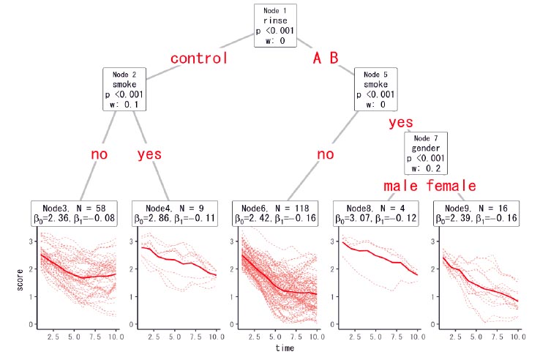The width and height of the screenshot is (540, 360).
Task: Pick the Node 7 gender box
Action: coord(432,152)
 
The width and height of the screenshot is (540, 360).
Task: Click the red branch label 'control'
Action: coord(199,59)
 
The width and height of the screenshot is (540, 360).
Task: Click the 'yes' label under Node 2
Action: coord(149,154)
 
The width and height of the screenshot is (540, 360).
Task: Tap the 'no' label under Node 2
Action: coord(99,154)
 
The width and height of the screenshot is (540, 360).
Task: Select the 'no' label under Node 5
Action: coord(326,154)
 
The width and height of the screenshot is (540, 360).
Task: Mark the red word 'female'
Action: coord(458,185)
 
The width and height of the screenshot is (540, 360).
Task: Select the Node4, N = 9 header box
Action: coord(176,213)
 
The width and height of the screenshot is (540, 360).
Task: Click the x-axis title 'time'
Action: coord(285,348)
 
